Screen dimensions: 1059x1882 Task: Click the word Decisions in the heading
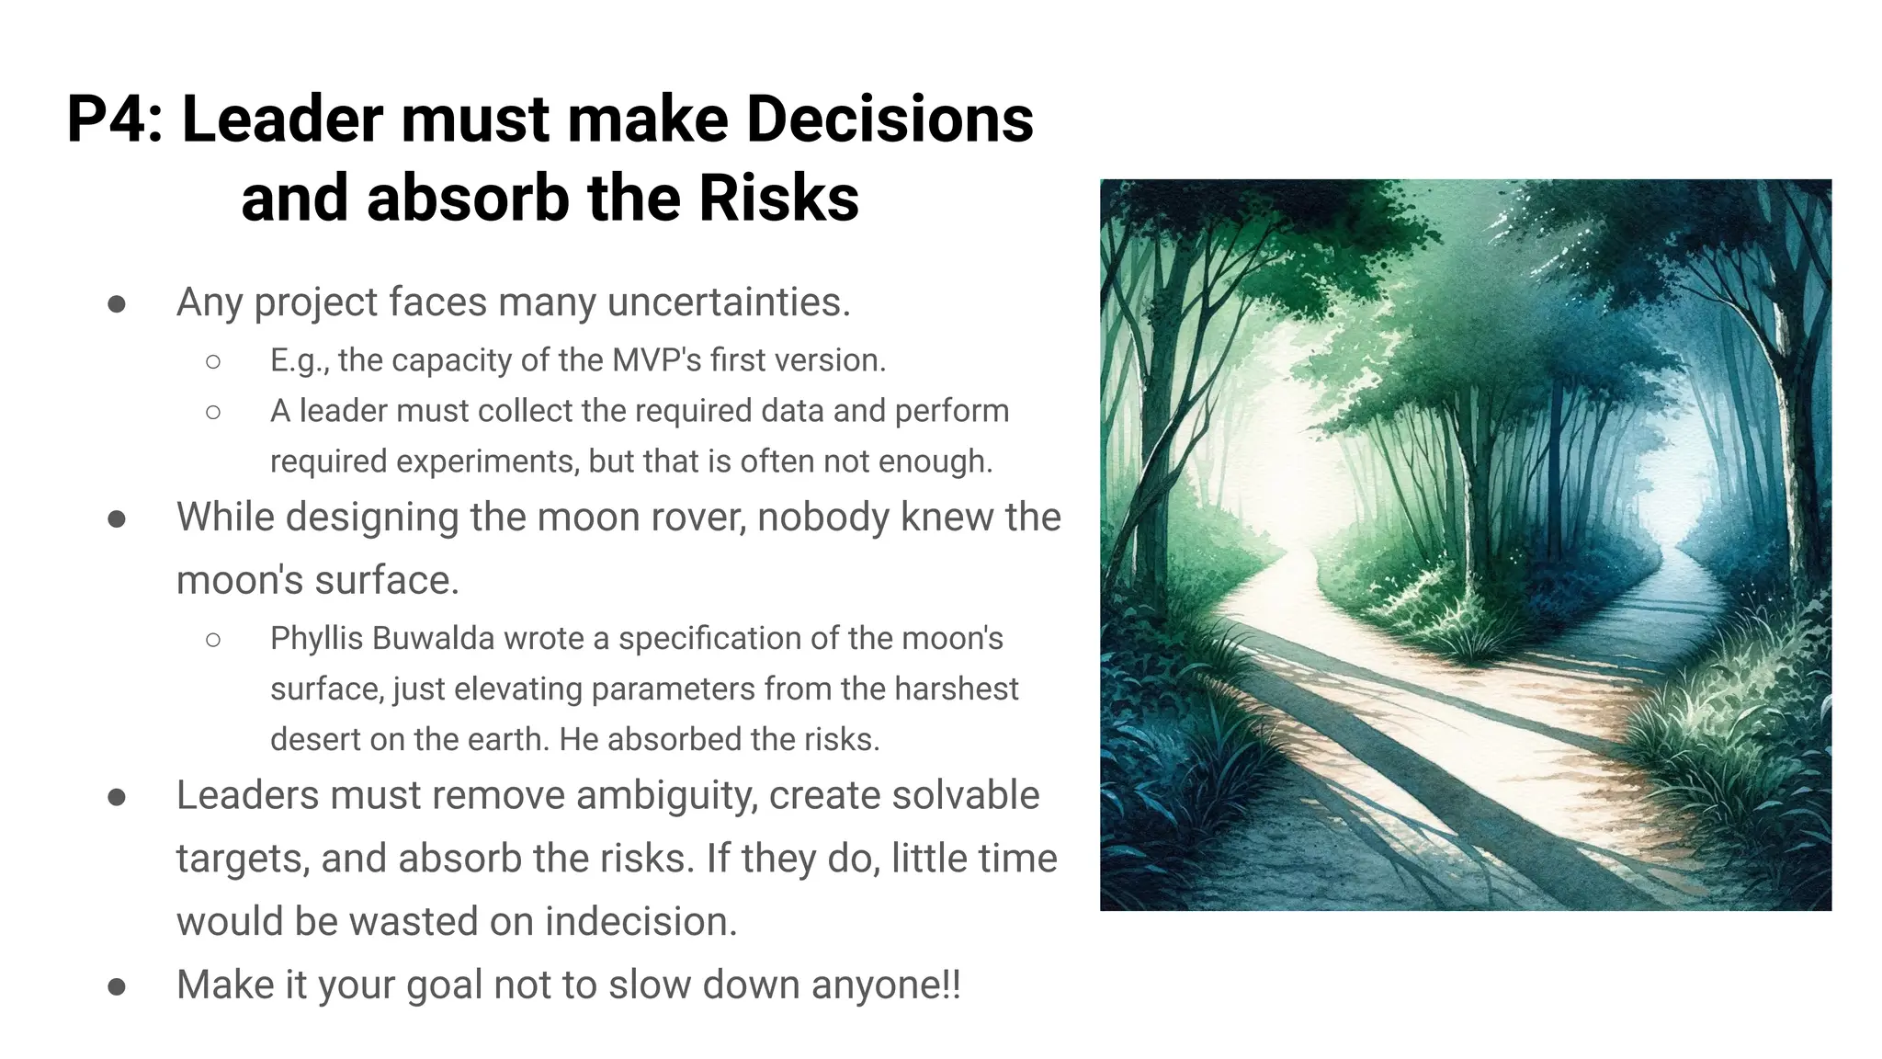[890, 120]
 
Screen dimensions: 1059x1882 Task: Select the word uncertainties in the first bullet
[729, 302]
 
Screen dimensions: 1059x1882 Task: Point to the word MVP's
[656, 360]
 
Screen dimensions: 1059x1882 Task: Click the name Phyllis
[316, 638]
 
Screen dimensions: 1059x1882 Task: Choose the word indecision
[641, 922]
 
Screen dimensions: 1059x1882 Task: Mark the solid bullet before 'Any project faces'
[117, 304]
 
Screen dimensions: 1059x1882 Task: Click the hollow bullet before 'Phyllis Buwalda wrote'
[213, 640]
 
